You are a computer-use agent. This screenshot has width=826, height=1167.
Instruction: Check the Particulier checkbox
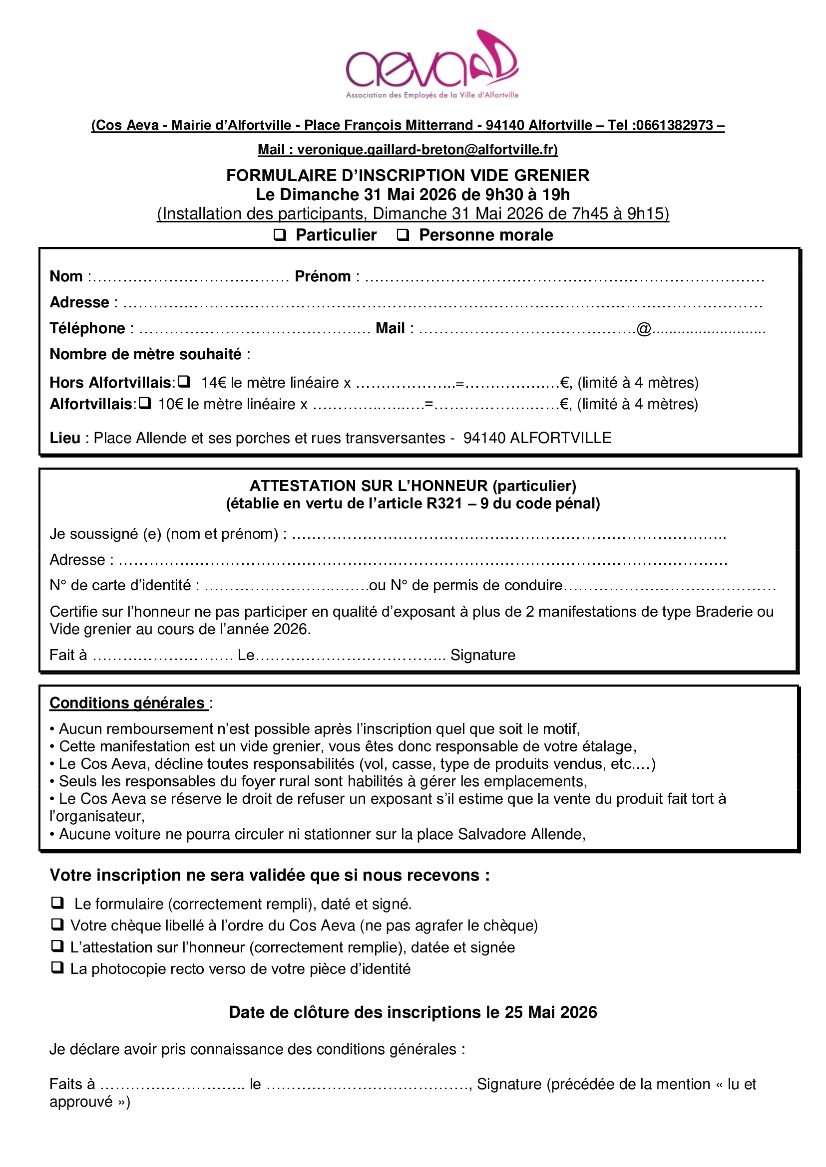pyautogui.click(x=280, y=235)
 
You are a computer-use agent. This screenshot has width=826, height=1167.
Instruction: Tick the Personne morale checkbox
pyautogui.click(x=403, y=235)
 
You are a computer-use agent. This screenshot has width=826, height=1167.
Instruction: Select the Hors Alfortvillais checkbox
pyautogui.click(x=184, y=381)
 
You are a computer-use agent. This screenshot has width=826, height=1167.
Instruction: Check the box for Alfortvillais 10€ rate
pyautogui.click(x=145, y=403)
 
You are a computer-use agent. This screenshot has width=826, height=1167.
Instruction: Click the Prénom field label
pyautogui.click(x=323, y=276)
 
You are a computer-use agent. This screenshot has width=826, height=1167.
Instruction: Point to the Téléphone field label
pyautogui.click(x=87, y=328)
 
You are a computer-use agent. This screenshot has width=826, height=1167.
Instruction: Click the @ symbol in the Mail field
pyautogui.click(x=644, y=329)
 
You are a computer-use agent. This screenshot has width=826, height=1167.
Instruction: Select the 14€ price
pyautogui.click(x=213, y=382)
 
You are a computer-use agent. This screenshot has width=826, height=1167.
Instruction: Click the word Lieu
pyautogui.click(x=64, y=438)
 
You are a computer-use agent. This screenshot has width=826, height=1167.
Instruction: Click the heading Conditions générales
pyautogui.click(x=127, y=702)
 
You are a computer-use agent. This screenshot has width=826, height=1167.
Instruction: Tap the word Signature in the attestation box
pyautogui.click(x=483, y=655)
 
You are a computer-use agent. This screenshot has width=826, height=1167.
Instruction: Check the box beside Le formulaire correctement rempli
pyautogui.click(x=57, y=902)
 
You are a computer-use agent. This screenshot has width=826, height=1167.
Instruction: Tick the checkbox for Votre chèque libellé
pyautogui.click(x=57, y=924)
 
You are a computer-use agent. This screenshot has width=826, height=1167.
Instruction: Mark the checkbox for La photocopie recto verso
pyautogui.click(x=57, y=967)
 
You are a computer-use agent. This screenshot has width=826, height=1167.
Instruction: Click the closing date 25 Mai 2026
pyautogui.click(x=551, y=1012)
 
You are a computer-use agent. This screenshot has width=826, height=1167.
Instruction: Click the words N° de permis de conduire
pyautogui.click(x=476, y=585)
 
